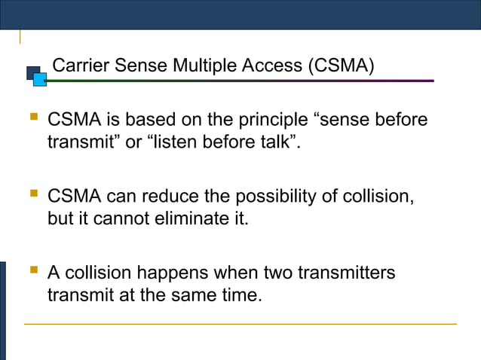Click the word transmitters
pyautogui.click(x=346, y=273)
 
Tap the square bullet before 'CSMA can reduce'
pyautogui.click(x=32, y=196)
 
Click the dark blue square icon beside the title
pyautogui.click(x=33, y=73)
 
